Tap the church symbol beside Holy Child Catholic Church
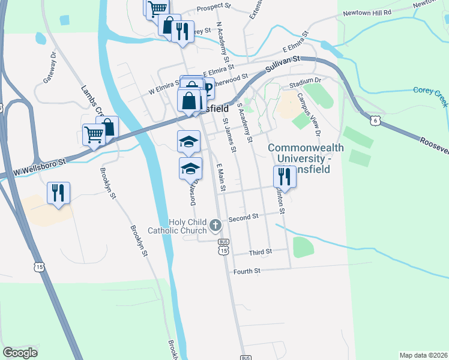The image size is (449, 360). tap(215, 226)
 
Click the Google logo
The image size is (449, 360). tap(20, 353)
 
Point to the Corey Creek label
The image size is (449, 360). tap(430, 95)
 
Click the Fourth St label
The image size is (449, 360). tap(247, 271)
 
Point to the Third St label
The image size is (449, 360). tap(261, 252)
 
